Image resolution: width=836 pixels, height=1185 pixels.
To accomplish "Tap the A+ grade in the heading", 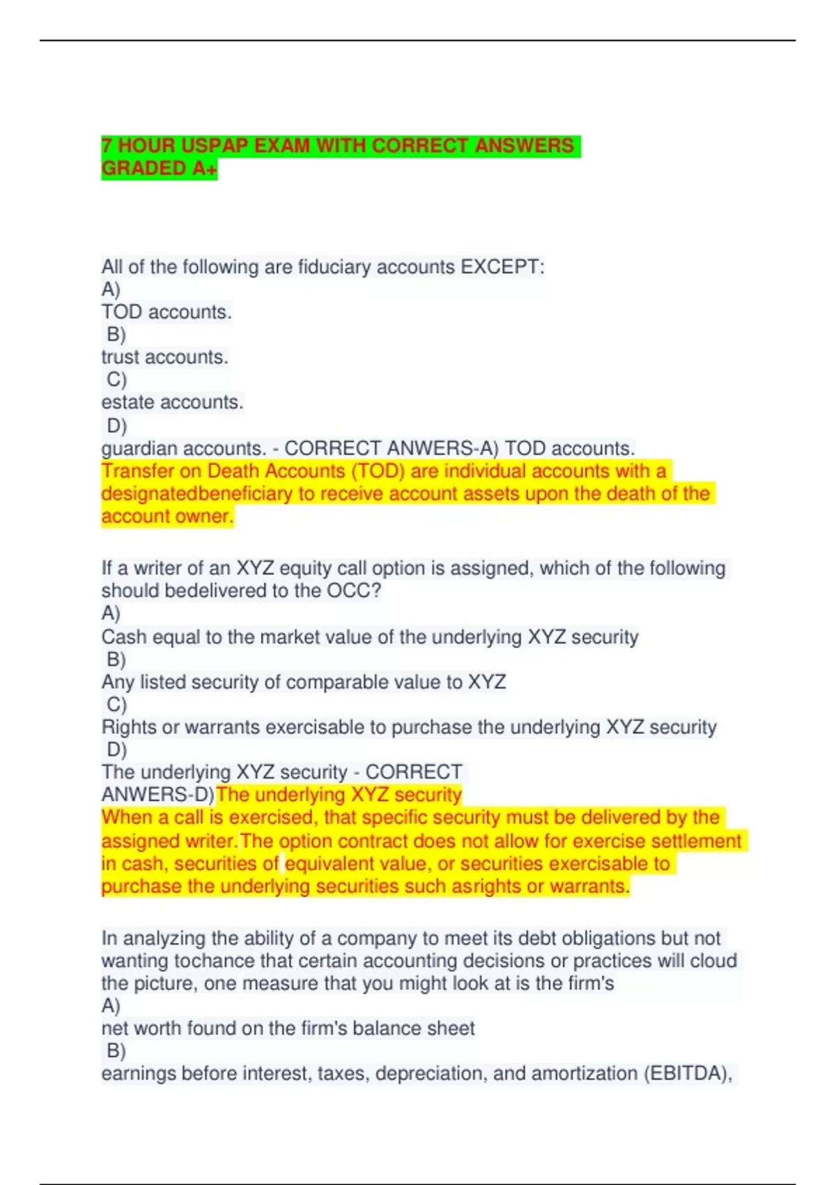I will point(204,169).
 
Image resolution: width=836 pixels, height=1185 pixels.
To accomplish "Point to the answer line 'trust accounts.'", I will point(164,358).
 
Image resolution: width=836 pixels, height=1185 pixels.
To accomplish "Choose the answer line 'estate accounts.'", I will point(172,403).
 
